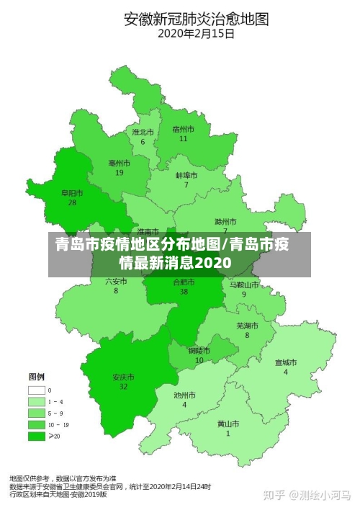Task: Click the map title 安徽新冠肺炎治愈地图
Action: click(196, 18)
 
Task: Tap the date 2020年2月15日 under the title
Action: click(196, 32)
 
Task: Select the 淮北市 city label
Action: click(143, 132)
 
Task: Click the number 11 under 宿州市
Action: click(184, 138)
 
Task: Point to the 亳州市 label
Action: click(119, 164)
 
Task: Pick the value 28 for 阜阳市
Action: click(72, 202)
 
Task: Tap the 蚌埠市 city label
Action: click(186, 175)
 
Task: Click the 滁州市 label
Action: click(225, 221)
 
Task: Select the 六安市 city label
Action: click(116, 281)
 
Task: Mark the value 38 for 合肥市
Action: click(184, 292)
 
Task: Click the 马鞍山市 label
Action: click(244, 285)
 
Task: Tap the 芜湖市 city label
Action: click(247, 326)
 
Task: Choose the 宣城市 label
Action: click(285, 362)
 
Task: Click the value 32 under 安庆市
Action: click(123, 387)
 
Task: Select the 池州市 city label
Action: click(184, 395)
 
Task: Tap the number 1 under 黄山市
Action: click(228, 434)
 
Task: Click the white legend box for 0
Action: click(36, 390)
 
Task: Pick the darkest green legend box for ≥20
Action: click(36, 436)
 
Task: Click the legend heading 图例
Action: click(36, 377)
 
